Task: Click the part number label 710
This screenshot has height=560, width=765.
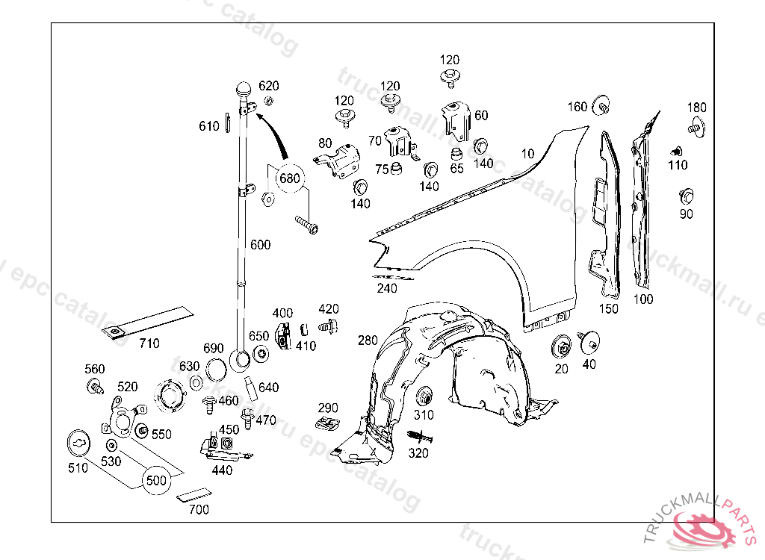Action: (x=149, y=343)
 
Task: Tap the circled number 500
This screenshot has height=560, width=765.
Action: (x=156, y=480)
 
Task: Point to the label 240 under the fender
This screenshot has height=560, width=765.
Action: (x=387, y=288)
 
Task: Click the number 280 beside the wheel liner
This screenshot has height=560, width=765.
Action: (x=368, y=340)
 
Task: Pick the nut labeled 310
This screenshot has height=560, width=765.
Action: (x=424, y=395)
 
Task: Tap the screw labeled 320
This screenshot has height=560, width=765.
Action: (x=418, y=437)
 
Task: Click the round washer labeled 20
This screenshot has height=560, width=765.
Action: (x=562, y=347)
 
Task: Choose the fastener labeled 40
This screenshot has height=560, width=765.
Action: (x=588, y=343)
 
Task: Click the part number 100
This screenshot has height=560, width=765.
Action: (x=642, y=299)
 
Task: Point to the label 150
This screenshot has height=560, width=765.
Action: (x=609, y=308)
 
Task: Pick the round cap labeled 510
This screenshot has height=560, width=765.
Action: (x=79, y=443)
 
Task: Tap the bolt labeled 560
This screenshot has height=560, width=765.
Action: (x=96, y=387)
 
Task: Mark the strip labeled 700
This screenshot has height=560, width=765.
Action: (x=193, y=494)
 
